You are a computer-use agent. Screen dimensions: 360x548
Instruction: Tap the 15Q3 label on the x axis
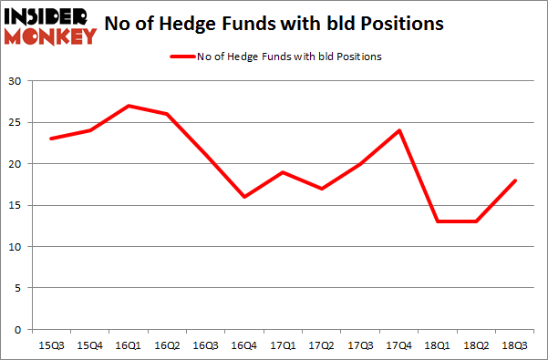51,345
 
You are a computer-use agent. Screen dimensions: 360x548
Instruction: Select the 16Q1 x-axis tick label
129,345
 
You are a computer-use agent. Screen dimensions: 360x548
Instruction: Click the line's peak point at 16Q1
129,106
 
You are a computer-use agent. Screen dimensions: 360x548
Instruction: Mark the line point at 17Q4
398,130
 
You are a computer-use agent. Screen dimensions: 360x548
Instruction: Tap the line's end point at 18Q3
515,180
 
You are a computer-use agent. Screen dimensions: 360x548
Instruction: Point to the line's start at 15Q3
51,139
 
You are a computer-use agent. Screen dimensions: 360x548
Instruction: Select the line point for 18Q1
437,221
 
